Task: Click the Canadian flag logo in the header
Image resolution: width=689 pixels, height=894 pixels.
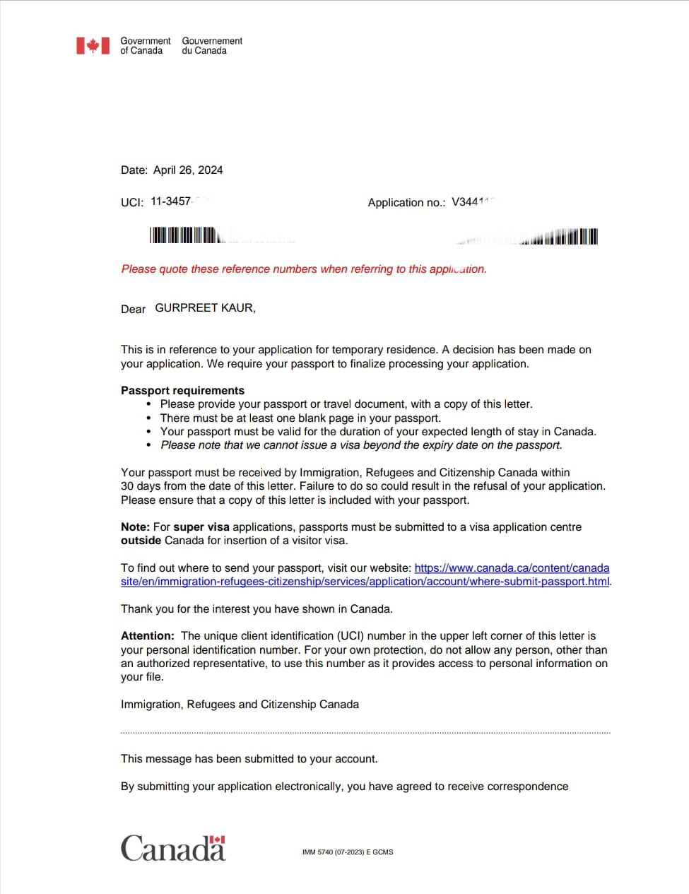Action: coord(93,46)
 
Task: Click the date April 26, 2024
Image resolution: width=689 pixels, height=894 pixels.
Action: coord(187,170)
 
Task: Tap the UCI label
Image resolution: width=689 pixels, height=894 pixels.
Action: coord(132,202)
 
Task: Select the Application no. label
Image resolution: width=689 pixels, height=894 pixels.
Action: coord(406,203)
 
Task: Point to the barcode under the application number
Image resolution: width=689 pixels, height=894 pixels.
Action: coord(558,237)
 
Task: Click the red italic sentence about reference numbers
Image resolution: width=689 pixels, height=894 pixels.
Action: coord(304,269)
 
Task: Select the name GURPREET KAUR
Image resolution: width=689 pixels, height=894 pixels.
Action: coord(205,308)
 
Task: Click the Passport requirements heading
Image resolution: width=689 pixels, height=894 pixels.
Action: coord(182,391)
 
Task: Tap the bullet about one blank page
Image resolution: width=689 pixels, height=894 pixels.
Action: coord(300,418)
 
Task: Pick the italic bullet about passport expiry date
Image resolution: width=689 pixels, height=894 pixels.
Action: coord(361,445)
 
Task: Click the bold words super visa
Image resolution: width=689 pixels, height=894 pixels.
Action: coord(201,527)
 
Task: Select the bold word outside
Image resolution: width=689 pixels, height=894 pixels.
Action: coord(141,541)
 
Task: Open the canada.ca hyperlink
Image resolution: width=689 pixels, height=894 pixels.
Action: coord(511,568)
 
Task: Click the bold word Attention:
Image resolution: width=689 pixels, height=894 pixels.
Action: coord(147,636)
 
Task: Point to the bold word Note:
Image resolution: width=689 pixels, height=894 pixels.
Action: coord(135,527)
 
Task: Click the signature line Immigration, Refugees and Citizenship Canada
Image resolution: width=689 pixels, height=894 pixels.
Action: coord(240,705)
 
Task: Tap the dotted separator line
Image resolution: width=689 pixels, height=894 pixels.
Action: coord(365,733)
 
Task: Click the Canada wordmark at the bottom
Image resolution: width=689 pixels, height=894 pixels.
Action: coord(173,848)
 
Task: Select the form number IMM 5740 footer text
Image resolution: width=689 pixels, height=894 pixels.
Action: coord(347,852)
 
